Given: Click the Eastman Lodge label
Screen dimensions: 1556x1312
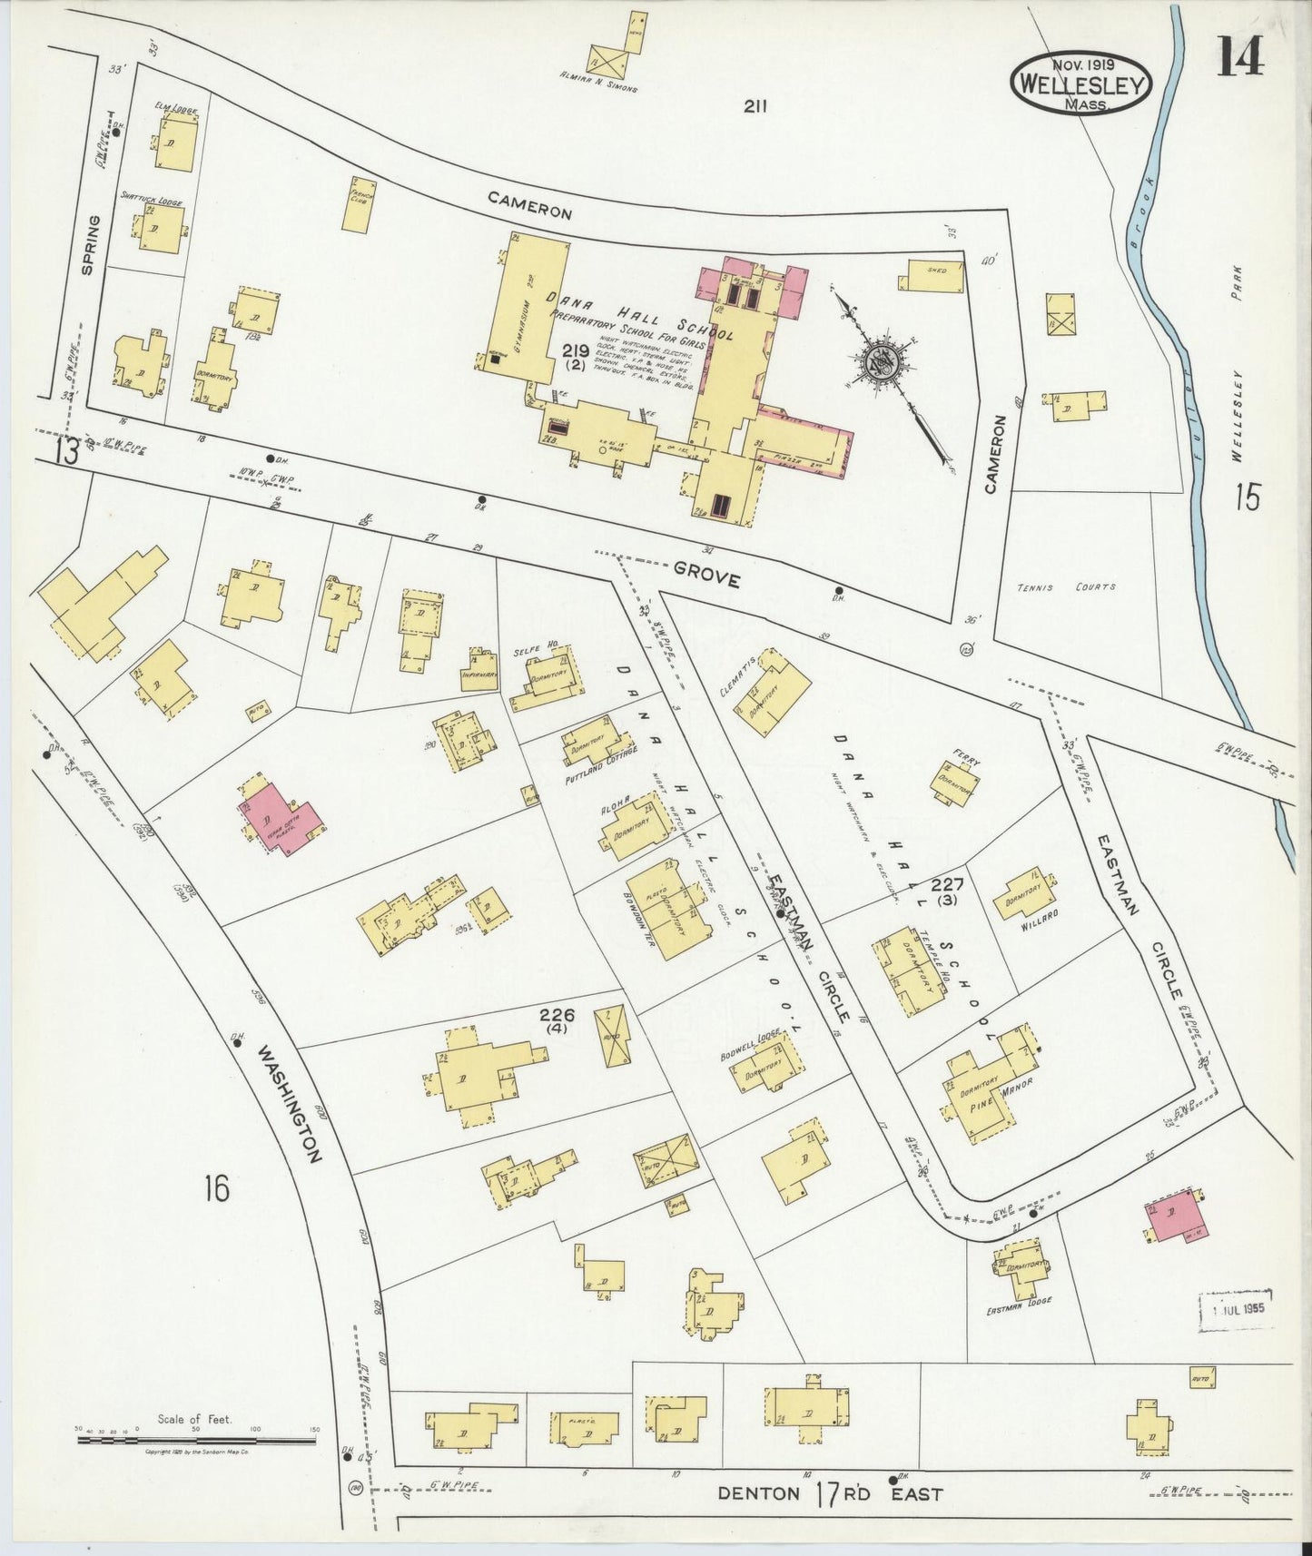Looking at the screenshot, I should [1019, 1300].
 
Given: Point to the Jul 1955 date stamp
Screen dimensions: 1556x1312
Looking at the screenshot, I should [1237, 1309].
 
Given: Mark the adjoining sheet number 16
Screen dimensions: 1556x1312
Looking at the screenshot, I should [216, 1187].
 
